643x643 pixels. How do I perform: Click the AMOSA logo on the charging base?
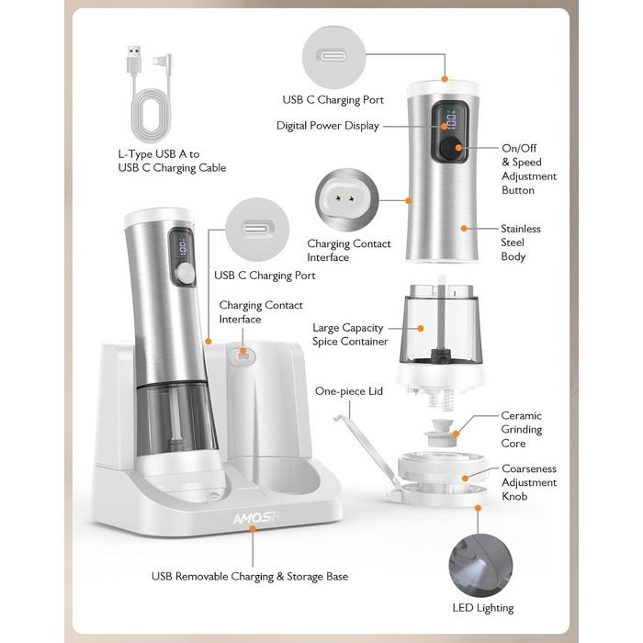click(256, 517)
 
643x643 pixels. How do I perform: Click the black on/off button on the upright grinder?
click(449, 148)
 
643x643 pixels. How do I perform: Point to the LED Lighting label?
click(482, 608)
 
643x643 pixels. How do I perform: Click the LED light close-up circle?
click(480, 566)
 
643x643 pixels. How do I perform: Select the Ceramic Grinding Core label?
click(521, 429)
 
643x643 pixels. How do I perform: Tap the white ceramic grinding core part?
click(439, 433)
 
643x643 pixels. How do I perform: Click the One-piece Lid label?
click(348, 391)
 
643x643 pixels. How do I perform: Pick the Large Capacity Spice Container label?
click(350, 334)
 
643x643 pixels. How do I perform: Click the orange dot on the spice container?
click(421, 329)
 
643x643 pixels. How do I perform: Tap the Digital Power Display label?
click(328, 126)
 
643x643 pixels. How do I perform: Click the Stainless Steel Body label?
click(521, 243)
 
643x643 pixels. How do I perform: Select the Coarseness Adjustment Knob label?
click(529, 482)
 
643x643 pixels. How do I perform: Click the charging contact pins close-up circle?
click(347, 199)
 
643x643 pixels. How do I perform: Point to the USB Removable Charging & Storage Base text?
click(250, 577)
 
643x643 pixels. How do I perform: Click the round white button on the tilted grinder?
click(186, 274)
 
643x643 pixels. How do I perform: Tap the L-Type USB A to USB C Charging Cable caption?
click(172, 161)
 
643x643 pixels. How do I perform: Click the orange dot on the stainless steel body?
click(464, 229)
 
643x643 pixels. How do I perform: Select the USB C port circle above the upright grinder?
click(333, 57)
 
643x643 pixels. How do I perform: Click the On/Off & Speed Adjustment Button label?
click(529, 169)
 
